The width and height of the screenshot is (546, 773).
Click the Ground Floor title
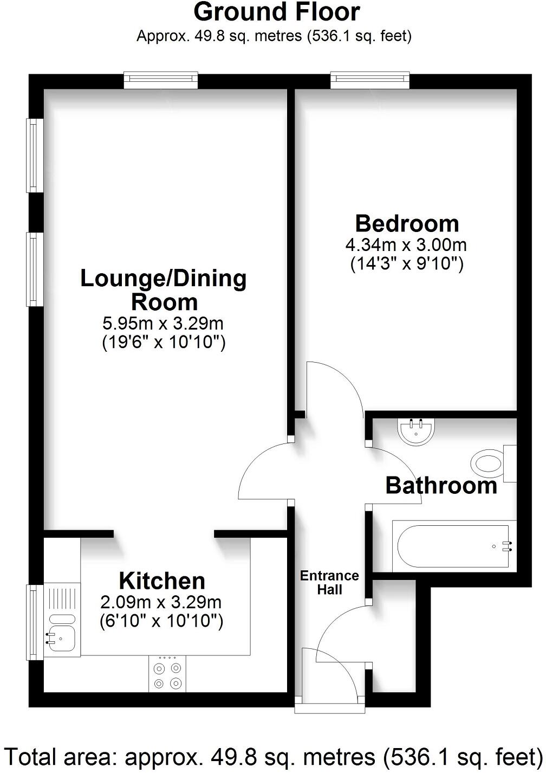point(276,12)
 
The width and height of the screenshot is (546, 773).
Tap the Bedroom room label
point(407,223)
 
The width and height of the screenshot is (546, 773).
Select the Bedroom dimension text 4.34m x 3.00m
point(406,244)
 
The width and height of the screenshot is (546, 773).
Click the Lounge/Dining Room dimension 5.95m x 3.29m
point(163,324)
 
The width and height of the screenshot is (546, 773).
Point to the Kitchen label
point(162,581)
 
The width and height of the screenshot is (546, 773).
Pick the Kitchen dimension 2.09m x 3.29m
point(161,602)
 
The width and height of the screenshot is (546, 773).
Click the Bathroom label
point(441,485)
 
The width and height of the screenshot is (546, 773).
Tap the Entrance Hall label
point(329,582)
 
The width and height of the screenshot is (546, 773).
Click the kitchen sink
point(61,631)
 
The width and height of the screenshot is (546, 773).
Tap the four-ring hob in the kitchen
point(167,674)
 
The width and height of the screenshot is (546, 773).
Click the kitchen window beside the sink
point(34,622)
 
